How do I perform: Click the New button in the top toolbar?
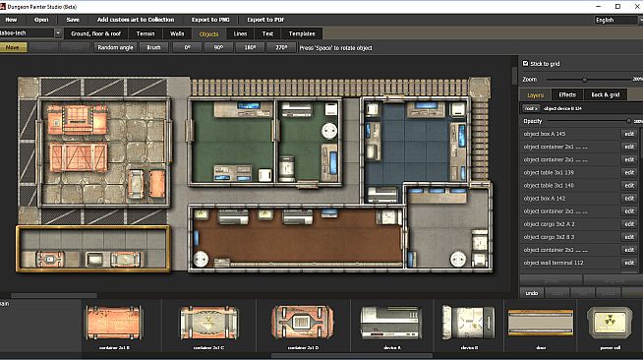coord(11,19)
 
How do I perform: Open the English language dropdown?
coord(615,19)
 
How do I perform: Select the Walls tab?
coord(176,33)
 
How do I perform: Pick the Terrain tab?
coord(145,33)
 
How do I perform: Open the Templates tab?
coord(301,33)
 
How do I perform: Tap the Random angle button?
coord(114,46)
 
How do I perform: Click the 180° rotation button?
coord(251,46)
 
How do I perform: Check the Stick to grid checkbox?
coord(525,63)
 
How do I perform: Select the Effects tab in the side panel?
coord(567,94)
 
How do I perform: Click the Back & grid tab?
coord(605,94)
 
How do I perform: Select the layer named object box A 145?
coord(565,134)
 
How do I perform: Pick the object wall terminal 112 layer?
coord(565,262)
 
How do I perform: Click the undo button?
coord(532,292)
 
